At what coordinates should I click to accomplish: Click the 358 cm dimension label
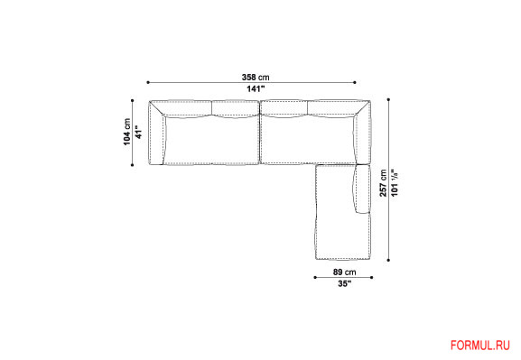click(x=256, y=78)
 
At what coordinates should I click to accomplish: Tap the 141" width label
click(x=256, y=89)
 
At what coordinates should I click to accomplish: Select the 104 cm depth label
click(x=127, y=132)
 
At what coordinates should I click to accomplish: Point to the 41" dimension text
click(x=139, y=132)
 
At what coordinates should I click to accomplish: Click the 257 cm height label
click(x=384, y=183)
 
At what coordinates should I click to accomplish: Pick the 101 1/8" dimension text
click(x=395, y=183)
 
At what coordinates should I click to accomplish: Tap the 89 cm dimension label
click(x=345, y=272)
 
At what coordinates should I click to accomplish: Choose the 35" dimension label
click(x=345, y=283)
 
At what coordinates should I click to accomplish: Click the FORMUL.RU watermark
click(x=480, y=346)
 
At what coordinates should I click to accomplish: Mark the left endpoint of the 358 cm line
click(x=148, y=82)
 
